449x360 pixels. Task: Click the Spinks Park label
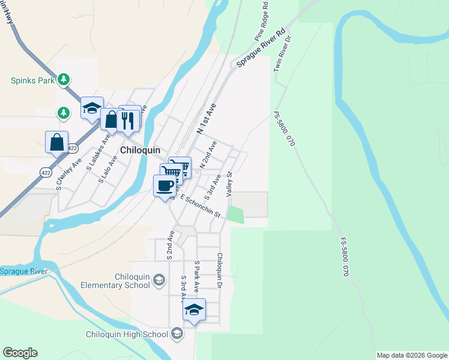(x=32, y=80)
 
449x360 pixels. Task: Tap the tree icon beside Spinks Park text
(x=64, y=79)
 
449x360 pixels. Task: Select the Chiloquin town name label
(x=140, y=149)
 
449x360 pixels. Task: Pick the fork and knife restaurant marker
(x=129, y=119)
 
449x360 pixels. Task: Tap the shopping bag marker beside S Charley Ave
(x=56, y=142)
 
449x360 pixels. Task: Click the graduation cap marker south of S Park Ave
(x=194, y=310)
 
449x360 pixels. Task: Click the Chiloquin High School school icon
(x=176, y=334)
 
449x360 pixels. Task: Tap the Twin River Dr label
(x=283, y=54)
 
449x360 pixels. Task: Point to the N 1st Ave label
(x=206, y=118)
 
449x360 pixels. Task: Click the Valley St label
(x=229, y=184)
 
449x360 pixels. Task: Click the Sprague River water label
(x=23, y=271)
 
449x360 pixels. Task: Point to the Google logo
(x=20, y=353)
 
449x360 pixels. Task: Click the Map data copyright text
(x=411, y=355)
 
